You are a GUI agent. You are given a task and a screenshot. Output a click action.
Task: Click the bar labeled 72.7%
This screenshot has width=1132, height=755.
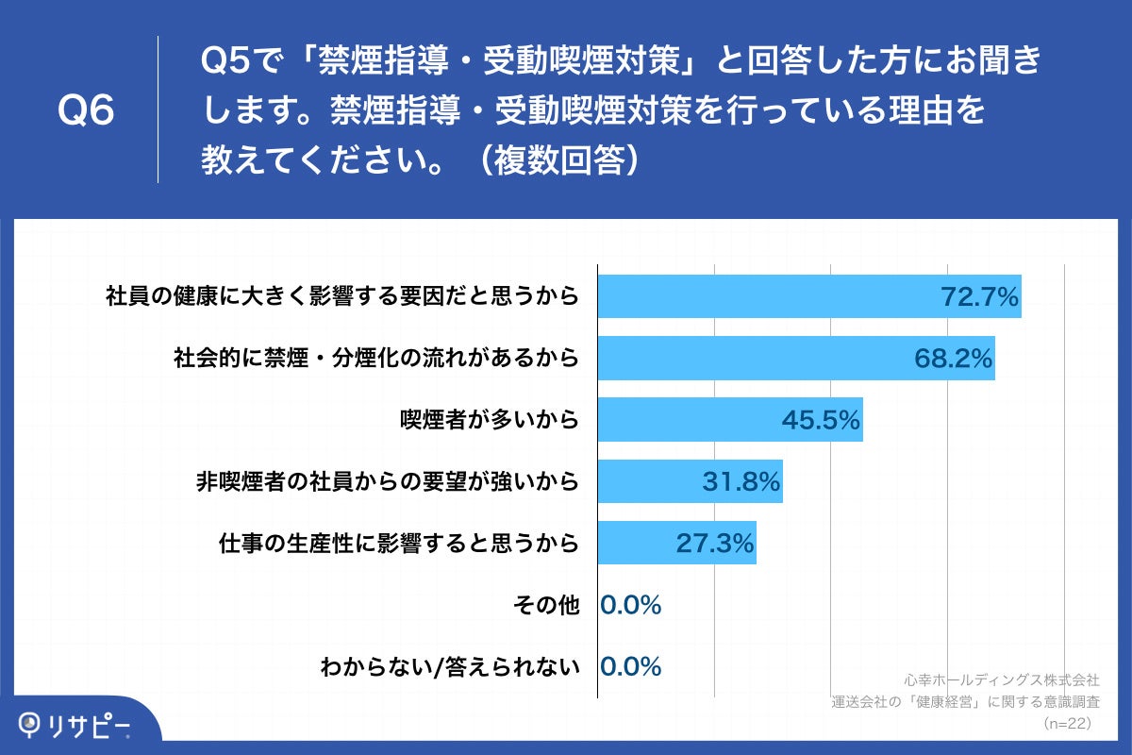coord(809,296)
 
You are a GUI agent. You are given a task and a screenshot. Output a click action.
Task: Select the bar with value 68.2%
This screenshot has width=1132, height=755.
coord(796,358)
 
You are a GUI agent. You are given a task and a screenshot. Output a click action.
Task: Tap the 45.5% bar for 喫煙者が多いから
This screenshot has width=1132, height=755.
coord(730,420)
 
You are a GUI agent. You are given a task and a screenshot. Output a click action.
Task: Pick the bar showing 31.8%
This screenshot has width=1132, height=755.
coord(691,481)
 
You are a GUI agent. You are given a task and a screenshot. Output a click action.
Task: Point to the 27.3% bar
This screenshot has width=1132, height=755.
coord(677,543)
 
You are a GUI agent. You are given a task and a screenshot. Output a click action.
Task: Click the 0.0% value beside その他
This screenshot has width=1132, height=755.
coord(630,605)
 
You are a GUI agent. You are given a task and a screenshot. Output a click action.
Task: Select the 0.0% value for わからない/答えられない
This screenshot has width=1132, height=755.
coord(630,666)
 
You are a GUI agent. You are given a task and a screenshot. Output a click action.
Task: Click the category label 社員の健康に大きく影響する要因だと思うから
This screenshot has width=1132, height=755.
coord(341,296)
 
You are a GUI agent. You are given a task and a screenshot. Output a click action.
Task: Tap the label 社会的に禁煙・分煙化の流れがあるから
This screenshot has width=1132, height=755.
coord(375,359)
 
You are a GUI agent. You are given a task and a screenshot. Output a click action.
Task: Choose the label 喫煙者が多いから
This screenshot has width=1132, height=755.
coord(488,420)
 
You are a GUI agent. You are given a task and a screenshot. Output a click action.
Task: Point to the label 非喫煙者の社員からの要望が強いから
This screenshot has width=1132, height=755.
coord(386,482)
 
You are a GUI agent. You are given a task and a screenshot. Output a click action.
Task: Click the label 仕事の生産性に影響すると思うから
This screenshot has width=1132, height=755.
coord(397,544)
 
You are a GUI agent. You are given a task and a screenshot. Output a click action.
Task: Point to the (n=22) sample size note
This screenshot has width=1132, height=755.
coord(1067,723)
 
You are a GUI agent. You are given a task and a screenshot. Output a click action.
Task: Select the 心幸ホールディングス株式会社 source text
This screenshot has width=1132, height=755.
coord(1002,679)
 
